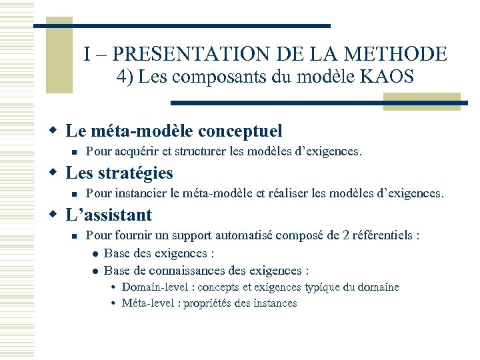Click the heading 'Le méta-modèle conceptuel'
(174, 131)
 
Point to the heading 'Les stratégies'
(119, 173)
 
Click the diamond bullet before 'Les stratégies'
(55, 173)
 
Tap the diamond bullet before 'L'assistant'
(55, 215)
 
